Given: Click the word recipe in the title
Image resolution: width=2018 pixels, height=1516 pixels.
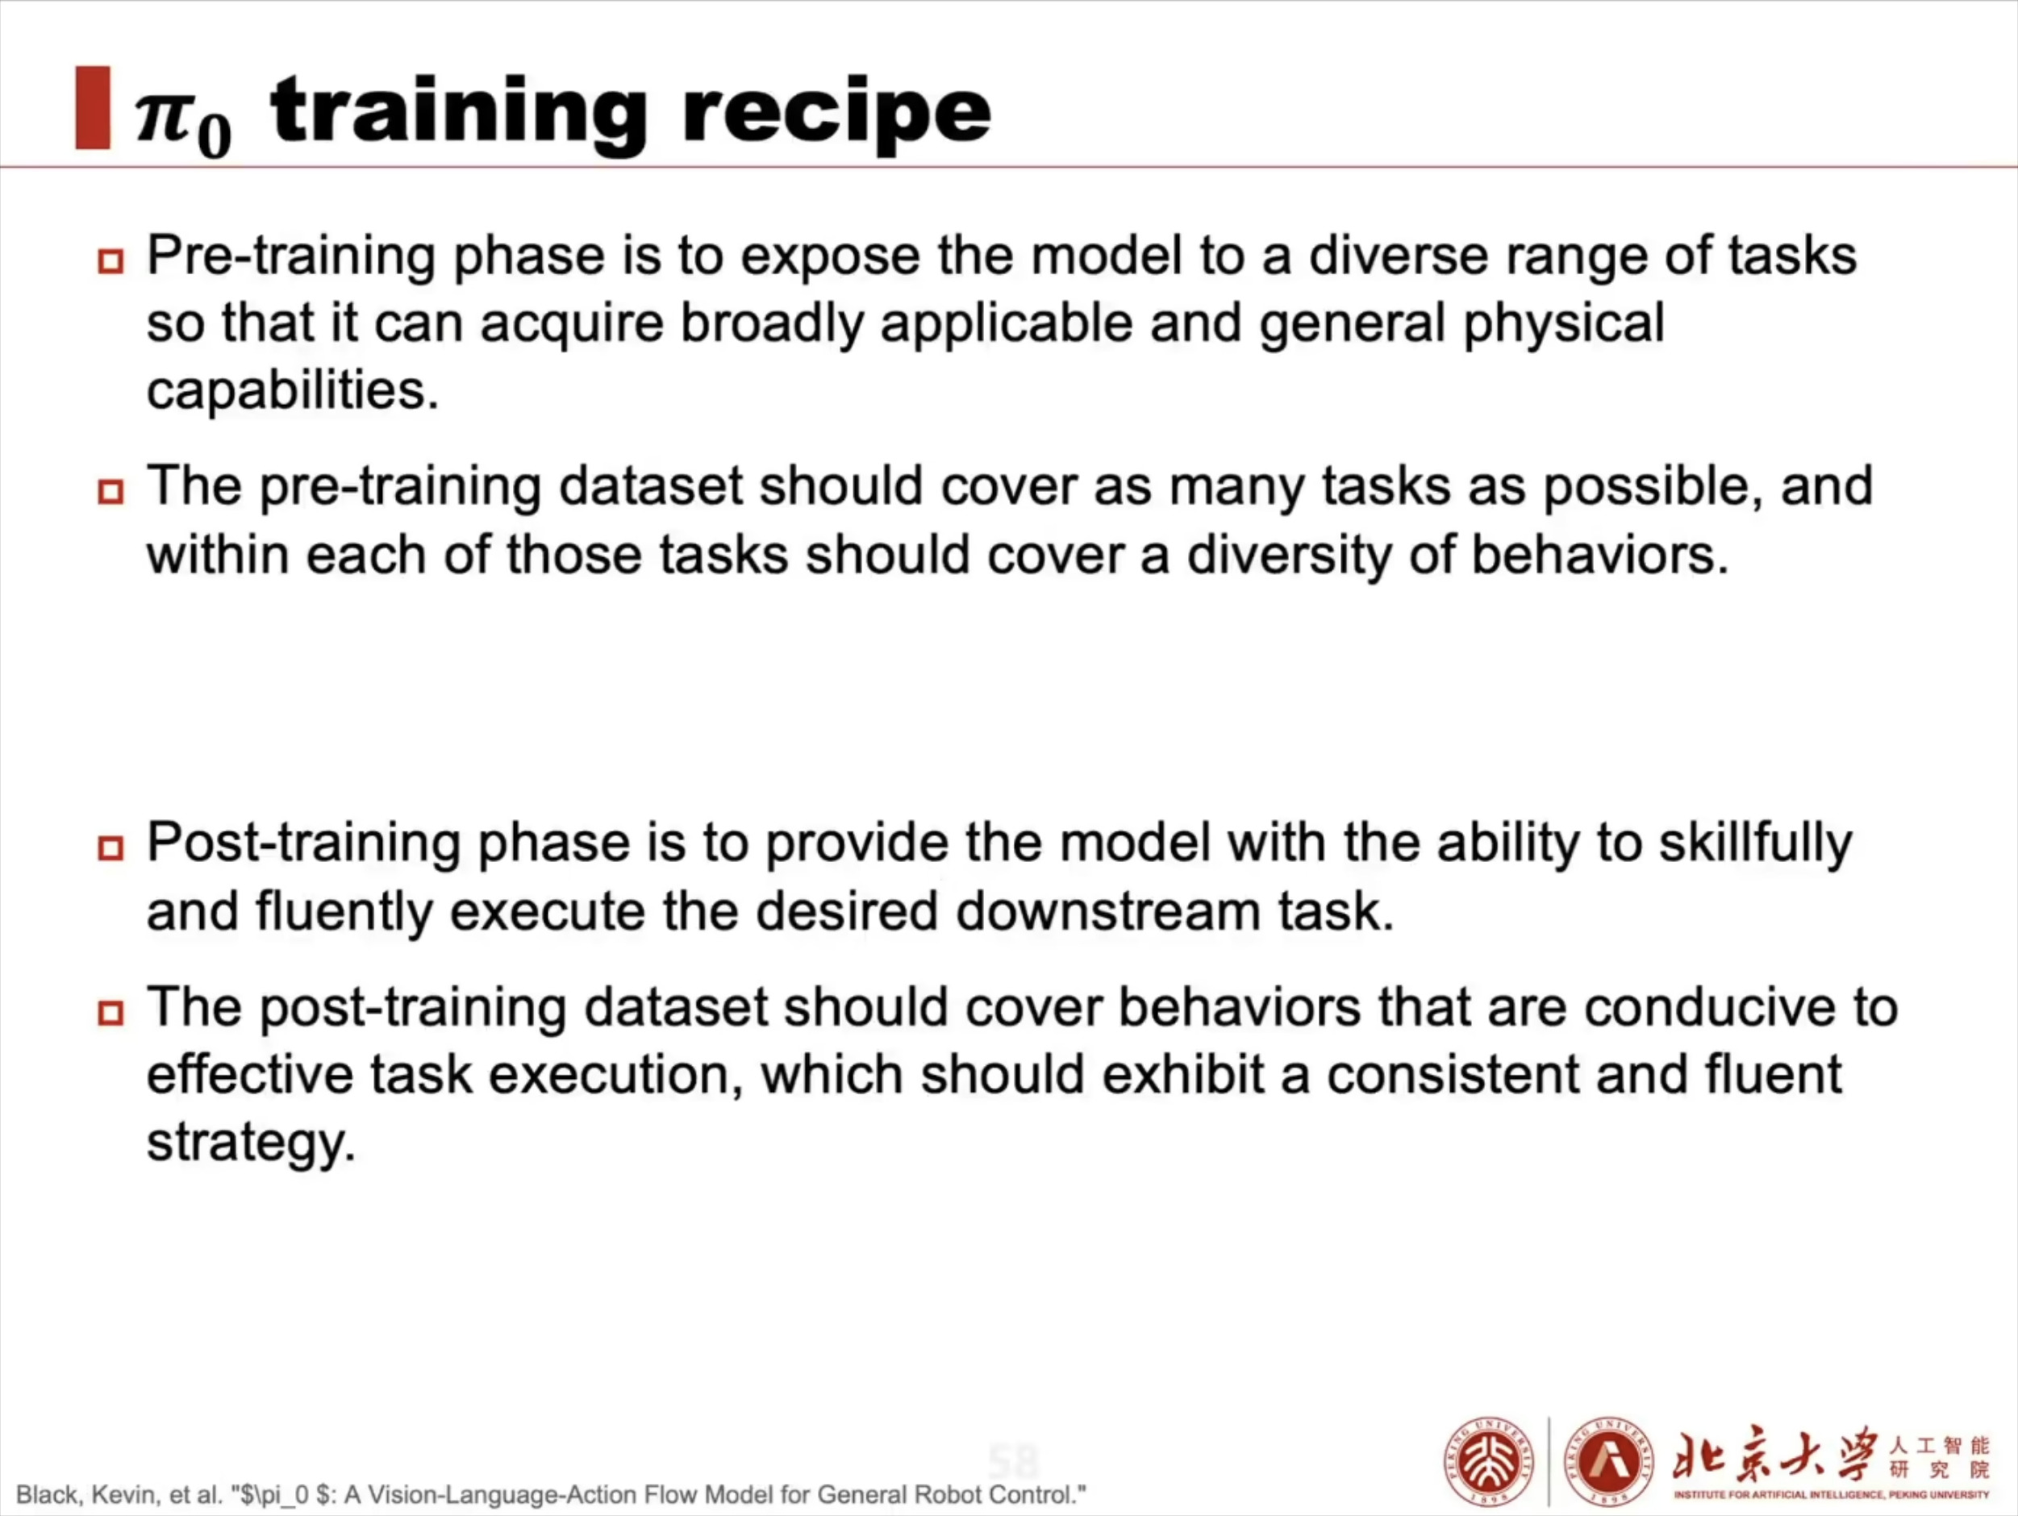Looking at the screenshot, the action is pyautogui.click(x=836, y=113).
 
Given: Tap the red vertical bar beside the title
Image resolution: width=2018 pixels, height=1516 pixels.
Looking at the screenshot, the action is pyautogui.click(x=93, y=107).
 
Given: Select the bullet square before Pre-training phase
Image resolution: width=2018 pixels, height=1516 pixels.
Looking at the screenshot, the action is pyautogui.click(x=110, y=262).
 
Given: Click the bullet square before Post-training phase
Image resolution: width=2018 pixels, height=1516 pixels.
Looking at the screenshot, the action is pyautogui.click(x=110, y=848).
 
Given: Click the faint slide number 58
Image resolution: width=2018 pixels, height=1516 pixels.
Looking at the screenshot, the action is pyautogui.click(x=1014, y=1462).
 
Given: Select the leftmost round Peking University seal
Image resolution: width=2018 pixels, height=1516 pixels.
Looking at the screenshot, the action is pyautogui.click(x=1489, y=1461).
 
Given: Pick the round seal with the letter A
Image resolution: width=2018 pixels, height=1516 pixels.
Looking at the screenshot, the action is pyautogui.click(x=1609, y=1461).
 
